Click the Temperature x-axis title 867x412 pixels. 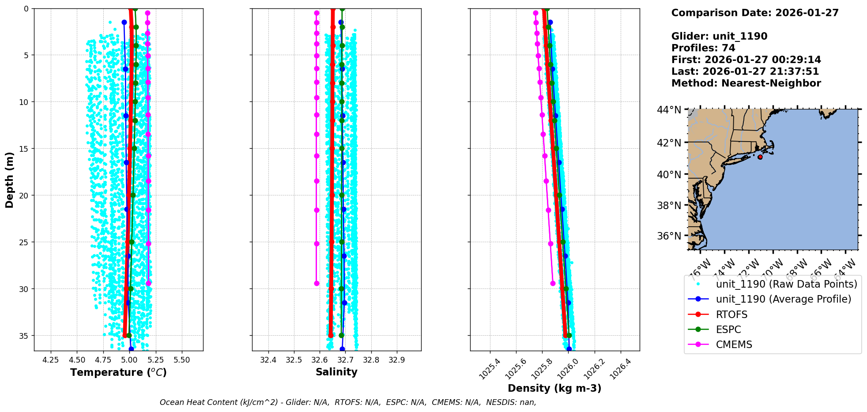click(118, 372)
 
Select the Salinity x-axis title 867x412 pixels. click(336, 372)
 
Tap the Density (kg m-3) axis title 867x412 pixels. click(554, 388)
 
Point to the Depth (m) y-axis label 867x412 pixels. click(10, 180)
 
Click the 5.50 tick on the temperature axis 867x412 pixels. click(182, 360)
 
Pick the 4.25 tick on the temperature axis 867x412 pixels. click(51, 360)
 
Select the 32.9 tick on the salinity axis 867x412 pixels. click(396, 360)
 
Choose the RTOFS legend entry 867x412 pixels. click(731, 315)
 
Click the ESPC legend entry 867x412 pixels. click(728, 330)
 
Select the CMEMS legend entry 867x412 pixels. click(734, 345)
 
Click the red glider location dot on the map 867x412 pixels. click(760, 157)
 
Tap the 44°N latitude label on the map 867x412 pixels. click(669, 110)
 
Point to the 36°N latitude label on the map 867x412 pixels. click(669, 236)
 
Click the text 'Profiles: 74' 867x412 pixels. click(703, 48)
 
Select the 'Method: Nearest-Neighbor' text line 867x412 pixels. click(746, 83)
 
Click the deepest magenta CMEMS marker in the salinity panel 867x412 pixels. click(317, 283)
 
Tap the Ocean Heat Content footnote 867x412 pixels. click(348, 402)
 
